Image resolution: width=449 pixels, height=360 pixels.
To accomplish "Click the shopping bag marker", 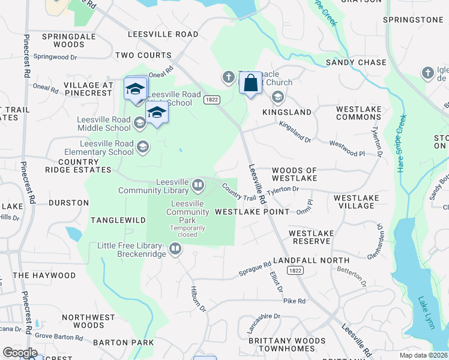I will (250, 84).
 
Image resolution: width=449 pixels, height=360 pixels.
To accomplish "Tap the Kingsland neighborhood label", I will (287, 112).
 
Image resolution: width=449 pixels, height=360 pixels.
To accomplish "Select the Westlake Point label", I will (252, 212).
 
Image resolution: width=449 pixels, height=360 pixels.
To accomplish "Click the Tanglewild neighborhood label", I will (118, 220).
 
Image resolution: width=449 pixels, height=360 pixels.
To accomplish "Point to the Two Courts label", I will (143, 55).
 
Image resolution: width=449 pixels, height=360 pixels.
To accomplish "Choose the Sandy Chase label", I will (356, 62).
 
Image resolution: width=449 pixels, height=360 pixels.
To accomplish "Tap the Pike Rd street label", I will (294, 301).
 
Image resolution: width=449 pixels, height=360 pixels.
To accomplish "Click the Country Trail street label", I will (239, 192).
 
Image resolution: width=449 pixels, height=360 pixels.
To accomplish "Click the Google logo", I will (20, 353).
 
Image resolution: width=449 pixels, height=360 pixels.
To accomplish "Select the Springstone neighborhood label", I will (413, 20).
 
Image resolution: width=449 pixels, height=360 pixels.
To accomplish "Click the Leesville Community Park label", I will (187, 212).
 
